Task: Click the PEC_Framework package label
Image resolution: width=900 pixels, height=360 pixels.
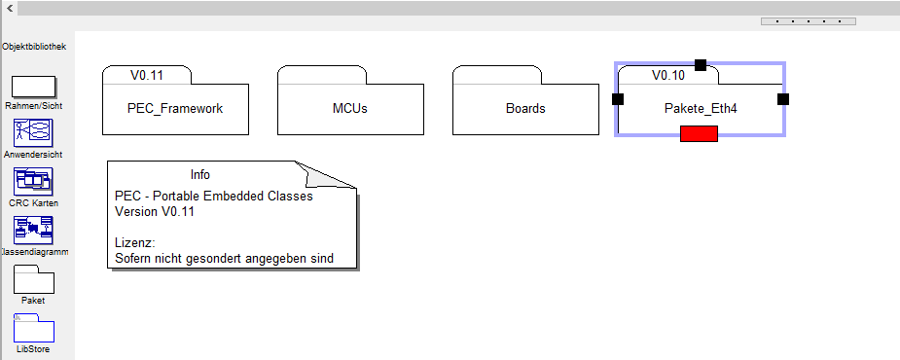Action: (175, 109)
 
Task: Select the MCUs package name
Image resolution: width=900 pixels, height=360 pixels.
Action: (350, 109)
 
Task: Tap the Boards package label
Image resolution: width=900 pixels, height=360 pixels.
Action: (525, 109)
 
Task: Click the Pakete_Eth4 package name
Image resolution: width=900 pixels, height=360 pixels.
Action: (701, 109)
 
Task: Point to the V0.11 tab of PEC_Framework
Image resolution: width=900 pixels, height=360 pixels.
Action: (146, 75)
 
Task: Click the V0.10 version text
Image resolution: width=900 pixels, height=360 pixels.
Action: (668, 75)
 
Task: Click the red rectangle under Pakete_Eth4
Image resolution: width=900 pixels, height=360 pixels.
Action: (700, 133)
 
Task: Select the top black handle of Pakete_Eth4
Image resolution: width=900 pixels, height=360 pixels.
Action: (701, 65)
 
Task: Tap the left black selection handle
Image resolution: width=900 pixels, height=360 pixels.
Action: (618, 99)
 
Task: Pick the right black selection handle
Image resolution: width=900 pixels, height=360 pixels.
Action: (783, 99)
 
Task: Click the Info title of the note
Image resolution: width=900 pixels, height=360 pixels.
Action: (200, 174)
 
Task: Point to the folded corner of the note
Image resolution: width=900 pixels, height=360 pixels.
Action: (325, 175)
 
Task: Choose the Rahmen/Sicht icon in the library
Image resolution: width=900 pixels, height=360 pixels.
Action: (34, 87)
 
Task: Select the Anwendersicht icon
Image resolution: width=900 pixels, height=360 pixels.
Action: (33, 133)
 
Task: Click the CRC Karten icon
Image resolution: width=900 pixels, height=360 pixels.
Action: (33, 181)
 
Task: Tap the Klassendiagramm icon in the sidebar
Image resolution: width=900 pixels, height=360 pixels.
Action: (33, 231)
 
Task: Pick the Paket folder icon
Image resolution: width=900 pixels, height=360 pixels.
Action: (34, 279)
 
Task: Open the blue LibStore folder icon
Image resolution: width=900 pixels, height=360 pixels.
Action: (34, 328)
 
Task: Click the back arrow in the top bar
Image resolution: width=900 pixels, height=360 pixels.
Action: (9, 8)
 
